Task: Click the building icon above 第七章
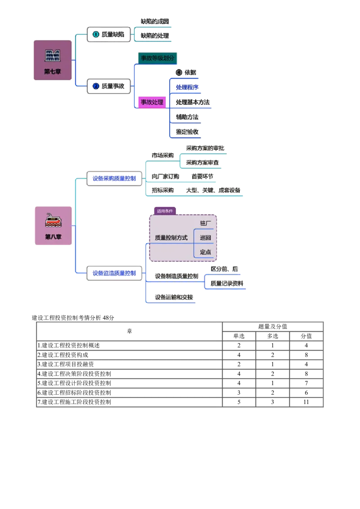(x=53, y=56)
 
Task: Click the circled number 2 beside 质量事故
(x=96, y=86)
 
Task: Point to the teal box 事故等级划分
(x=157, y=58)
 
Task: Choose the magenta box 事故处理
(x=152, y=102)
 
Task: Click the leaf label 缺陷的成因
(x=155, y=21)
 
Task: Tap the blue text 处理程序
(x=187, y=87)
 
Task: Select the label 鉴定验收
(x=187, y=132)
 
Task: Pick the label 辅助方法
(x=187, y=117)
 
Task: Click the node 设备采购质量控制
(x=114, y=179)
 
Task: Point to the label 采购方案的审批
(x=206, y=148)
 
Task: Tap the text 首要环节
(x=202, y=176)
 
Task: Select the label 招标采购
(x=162, y=191)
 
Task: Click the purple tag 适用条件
(x=165, y=210)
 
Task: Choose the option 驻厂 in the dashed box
(x=205, y=223)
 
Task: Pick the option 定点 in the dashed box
(x=205, y=252)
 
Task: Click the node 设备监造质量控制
(x=114, y=273)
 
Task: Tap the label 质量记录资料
(x=227, y=284)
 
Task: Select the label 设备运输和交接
(x=174, y=297)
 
